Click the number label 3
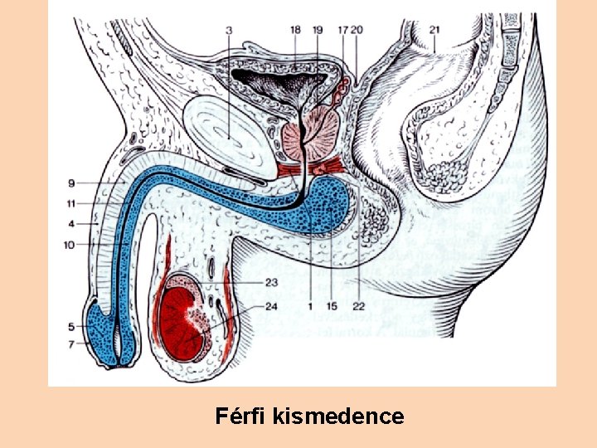[x=229, y=31]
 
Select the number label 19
[x=318, y=31]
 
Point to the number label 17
[x=342, y=31]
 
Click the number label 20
[x=357, y=31]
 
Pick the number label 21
[x=435, y=31]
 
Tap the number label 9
[x=72, y=183]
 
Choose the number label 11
[x=72, y=203]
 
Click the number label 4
[x=72, y=223]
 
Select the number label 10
[x=72, y=244]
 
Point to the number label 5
[x=72, y=326]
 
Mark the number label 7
[x=72, y=343]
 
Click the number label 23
[x=271, y=282]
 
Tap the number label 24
[x=271, y=305]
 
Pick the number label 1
[x=308, y=305]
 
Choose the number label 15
[x=332, y=305]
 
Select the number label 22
[x=358, y=305]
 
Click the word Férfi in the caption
[x=238, y=415]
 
